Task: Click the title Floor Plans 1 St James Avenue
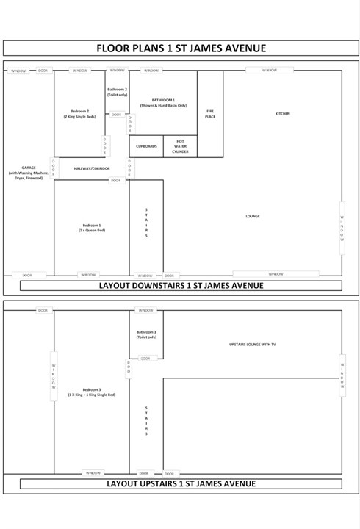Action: pos(181,48)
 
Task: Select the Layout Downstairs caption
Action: pos(181,285)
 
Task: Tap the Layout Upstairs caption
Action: pos(181,483)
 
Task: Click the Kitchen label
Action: pos(283,114)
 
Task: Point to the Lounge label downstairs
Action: pos(253,216)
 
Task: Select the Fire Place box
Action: pos(210,114)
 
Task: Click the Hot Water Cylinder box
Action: pos(180,146)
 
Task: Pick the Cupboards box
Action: pos(146,146)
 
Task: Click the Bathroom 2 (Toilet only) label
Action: pos(117,92)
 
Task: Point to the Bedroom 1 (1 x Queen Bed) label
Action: pos(92,228)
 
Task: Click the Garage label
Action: pos(29,173)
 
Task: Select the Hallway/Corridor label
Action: pos(92,168)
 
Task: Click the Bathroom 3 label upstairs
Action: pos(146,334)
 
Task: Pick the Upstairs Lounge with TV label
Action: pos(253,344)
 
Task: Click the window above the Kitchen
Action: pos(271,71)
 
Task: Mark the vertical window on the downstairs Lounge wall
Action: pos(341,228)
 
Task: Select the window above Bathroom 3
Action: pos(146,310)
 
